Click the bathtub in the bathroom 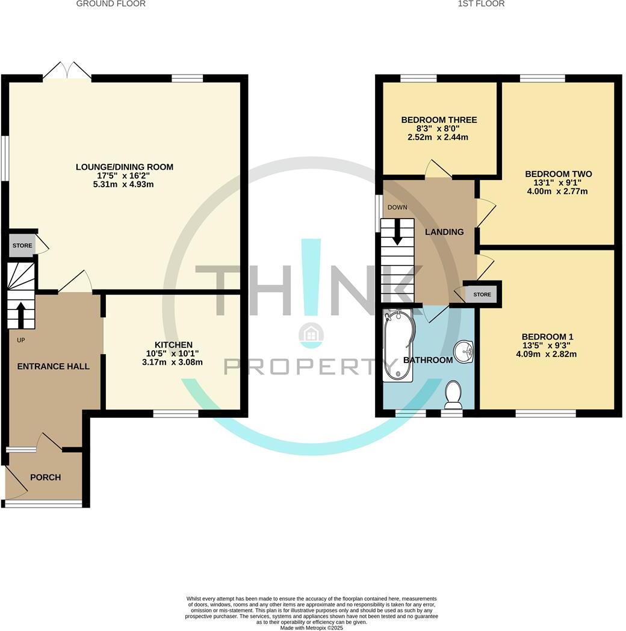(x=398, y=346)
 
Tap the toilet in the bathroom (x=453, y=393)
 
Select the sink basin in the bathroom (x=463, y=352)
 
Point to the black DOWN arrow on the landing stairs (x=397, y=232)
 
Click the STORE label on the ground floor (x=22, y=246)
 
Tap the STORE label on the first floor (x=482, y=294)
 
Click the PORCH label (x=45, y=477)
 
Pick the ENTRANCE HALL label (x=53, y=366)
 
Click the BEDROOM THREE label (x=439, y=120)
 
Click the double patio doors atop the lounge (x=67, y=71)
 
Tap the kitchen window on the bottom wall (x=176, y=414)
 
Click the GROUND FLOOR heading (x=111, y=4)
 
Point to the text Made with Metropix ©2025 (x=311, y=627)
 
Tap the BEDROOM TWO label (x=550, y=174)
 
